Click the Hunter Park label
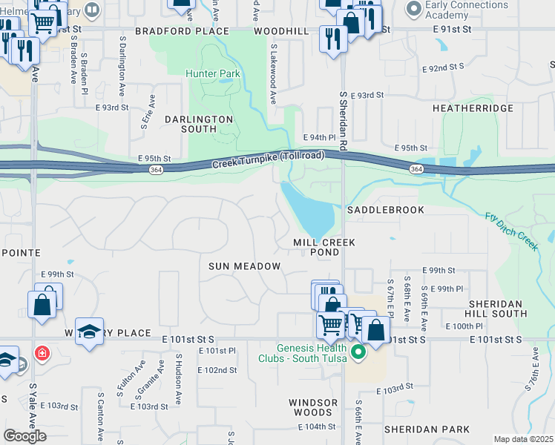click(213, 73)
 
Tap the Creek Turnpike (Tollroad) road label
click(268, 159)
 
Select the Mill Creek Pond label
click(324, 248)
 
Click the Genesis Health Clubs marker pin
click(358, 352)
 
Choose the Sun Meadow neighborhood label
click(244, 266)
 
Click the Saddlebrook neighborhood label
click(386, 210)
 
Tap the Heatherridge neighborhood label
click(473, 108)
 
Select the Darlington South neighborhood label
click(199, 124)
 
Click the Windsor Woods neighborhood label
click(314, 407)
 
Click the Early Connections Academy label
click(467, 11)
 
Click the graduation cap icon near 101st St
click(89, 332)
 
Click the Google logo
click(24, 436)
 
